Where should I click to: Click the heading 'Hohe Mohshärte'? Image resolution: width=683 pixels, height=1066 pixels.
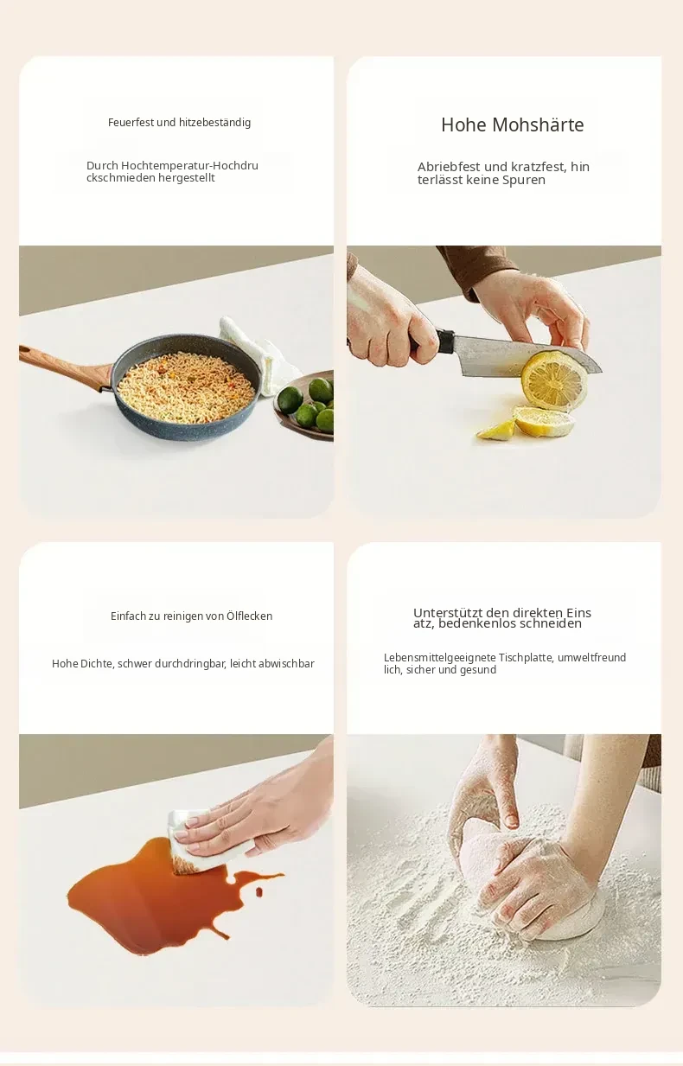click(512, 124)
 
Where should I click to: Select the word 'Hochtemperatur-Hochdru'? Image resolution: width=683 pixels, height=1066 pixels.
click(189, 166)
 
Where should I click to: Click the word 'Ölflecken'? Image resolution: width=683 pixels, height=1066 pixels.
click(249, 616)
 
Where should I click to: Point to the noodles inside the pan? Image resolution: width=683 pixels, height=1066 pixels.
click(186, 387)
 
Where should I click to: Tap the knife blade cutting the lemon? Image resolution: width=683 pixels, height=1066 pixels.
click(519, 354)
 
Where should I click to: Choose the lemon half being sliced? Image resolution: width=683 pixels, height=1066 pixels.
click(554, 380)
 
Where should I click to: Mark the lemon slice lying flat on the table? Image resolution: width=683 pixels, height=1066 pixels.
click(544, 421)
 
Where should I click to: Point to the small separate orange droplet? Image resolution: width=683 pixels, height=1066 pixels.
click(259, 890)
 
